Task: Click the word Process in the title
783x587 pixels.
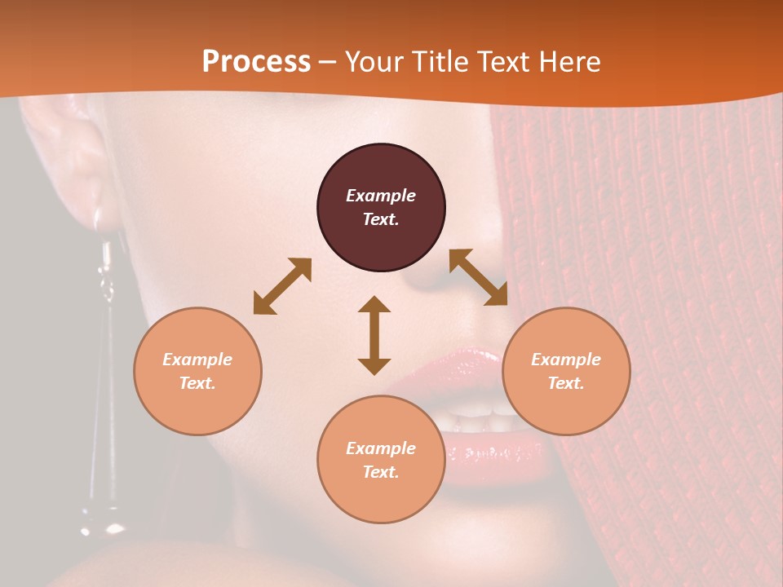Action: [x=256, y=62]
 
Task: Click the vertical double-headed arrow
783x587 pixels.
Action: [x=374, y=335]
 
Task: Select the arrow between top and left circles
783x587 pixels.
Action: [x=282, y=286]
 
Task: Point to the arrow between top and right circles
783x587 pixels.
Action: [x=478, y=277]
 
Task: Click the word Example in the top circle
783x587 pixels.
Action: [x=381, y=196]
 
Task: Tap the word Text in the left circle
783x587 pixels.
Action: [x=197, y=383]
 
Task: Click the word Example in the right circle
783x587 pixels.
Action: [x=566, y=360]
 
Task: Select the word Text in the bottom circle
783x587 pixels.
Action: [x=381, y=472]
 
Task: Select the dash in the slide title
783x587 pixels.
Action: [x=327, y=62]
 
